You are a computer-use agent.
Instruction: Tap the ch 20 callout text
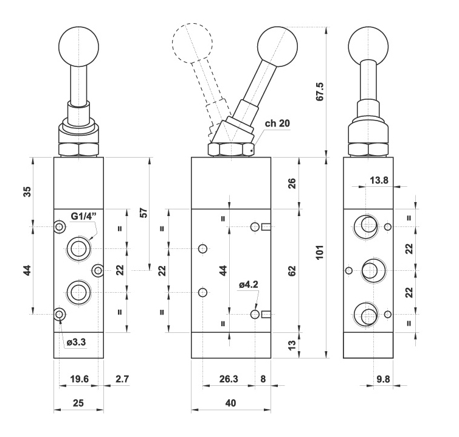[x=277, y=124]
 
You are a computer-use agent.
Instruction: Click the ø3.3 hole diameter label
[x=77, y=341]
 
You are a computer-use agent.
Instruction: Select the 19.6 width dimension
[x=79, y=379]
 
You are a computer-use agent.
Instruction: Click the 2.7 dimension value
[x=123, y=379]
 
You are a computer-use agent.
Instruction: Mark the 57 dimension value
[x=143, y=212]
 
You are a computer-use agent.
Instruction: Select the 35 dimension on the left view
[x=27, y=191]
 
